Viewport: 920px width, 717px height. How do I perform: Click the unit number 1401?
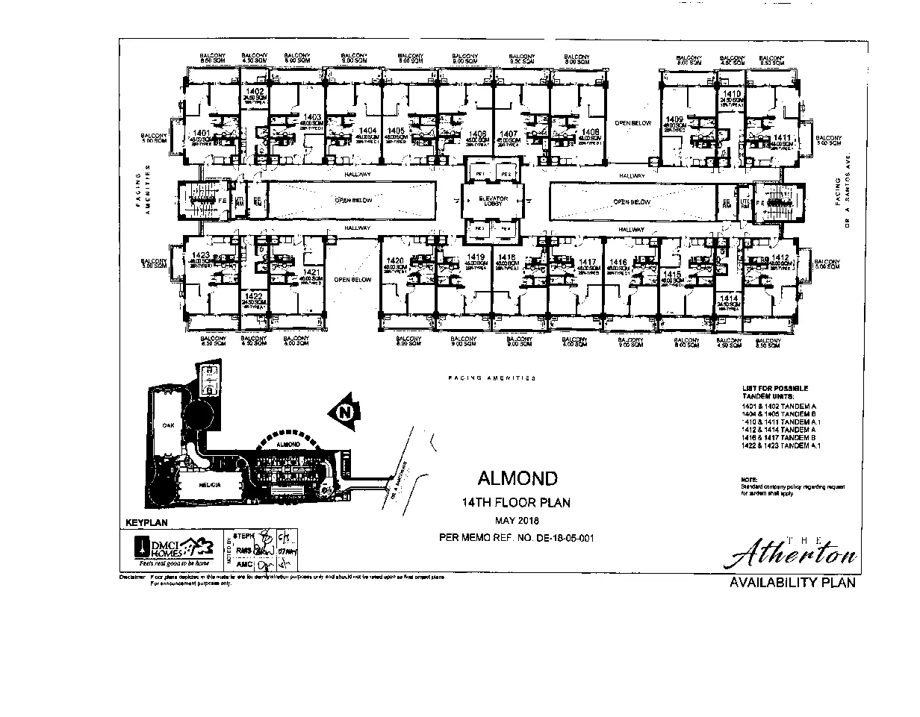coord(200,133)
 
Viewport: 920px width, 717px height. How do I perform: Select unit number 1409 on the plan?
coord(674,119)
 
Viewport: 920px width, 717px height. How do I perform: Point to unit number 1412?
coord(780,257)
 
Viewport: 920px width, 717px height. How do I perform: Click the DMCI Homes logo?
coord(170,551)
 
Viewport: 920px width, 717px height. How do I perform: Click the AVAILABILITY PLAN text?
coord(792,583)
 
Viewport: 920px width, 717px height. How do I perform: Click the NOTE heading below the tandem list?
coord(749,479)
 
